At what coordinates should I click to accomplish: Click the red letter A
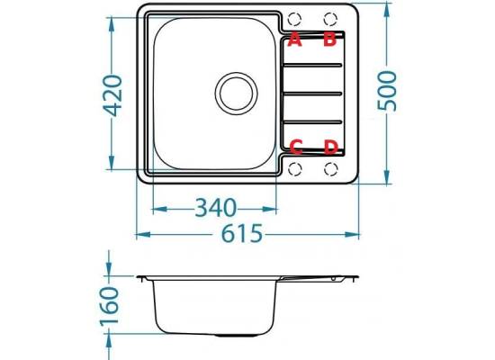[x=295, y=40]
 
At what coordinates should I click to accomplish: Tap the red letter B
[x=330, y=40]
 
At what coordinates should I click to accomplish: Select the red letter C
[x=296, y=148]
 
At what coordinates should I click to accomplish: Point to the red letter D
[x=331, y=148]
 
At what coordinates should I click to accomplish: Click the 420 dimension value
[x=113, y=95]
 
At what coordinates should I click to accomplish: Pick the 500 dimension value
[x=387, y=91]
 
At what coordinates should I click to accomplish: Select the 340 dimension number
[x=216, y=208]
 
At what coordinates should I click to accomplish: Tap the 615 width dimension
[x=242, y=233]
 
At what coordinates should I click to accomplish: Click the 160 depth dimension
[x=109, y=306]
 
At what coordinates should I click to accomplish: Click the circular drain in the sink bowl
[x=236, y=94]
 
